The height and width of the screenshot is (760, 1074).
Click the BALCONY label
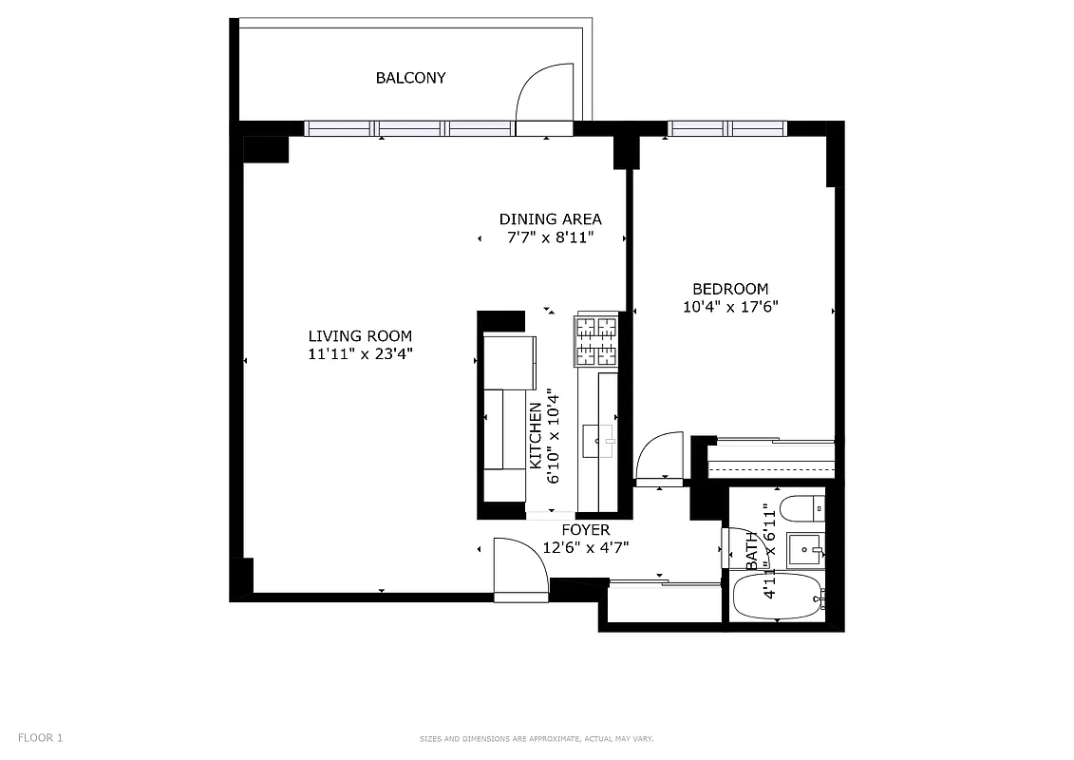click(x=410, y=78)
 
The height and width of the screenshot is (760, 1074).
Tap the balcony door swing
click(x=543, y=95)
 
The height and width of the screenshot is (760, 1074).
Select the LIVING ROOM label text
click(x=360, y=335)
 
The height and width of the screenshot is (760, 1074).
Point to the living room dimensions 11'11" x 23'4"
click(x=360, y=353)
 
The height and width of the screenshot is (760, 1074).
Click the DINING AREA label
click(x=550, y=219)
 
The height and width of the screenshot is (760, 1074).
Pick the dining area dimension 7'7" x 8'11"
click(x=550, y=237)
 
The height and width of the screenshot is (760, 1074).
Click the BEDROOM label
click(x=730, y=289)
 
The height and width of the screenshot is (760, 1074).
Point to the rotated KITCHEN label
click(x=536, y=435)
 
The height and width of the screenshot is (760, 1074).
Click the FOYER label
click(x=586, y=530)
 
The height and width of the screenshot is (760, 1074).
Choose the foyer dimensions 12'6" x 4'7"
click(x=586, y=547)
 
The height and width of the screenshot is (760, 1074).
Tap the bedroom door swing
click(x=659, y=458)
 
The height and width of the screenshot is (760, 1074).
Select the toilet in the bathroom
click(x=801, y=508)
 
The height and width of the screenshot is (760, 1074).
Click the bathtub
click(x=778, y=597)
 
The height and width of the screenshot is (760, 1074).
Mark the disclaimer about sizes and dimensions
click(x=537, y=738)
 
